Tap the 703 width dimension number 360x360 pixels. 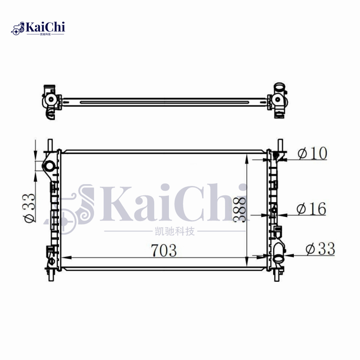pos(164,251)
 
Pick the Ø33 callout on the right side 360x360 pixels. pos(320,249)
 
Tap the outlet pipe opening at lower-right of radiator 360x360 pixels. pos(279,258)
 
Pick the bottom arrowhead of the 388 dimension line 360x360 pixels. pos(246,265)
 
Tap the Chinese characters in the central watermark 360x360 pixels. pos(172,232)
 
